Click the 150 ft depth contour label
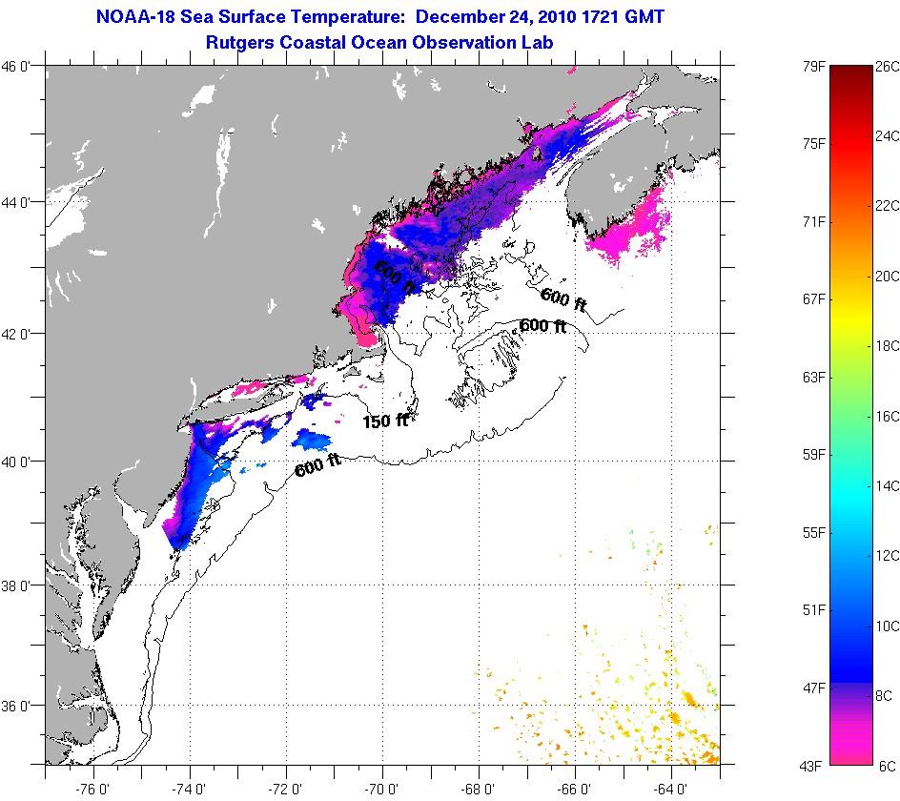[384, 421]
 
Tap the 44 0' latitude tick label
[20, 203]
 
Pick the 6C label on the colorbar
[886, 766]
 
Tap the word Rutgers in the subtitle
[243, 42]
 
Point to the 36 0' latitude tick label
[20, 707]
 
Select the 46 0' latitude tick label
[20, 66]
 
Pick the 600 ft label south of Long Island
[317, 466]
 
